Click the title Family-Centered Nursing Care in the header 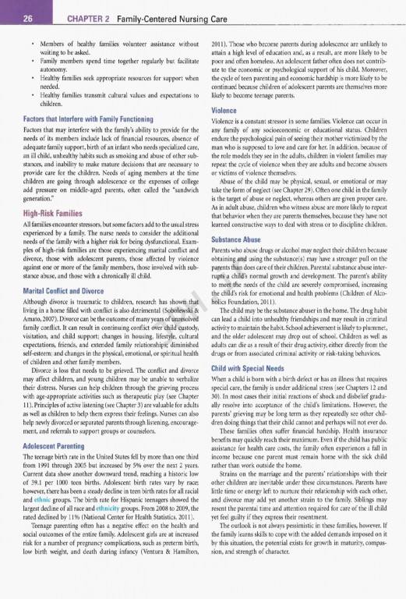click(x=179, y=10)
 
